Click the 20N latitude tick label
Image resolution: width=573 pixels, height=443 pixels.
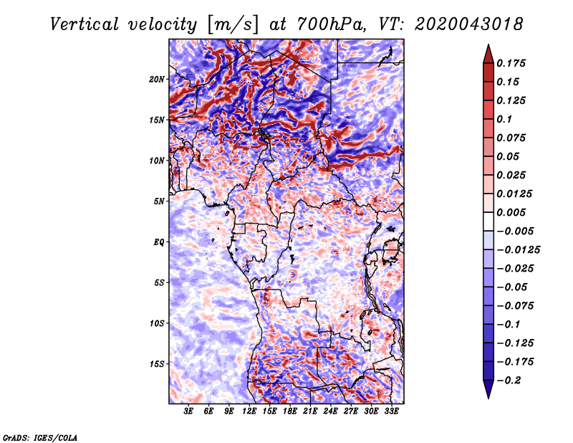click(x=157, y=80)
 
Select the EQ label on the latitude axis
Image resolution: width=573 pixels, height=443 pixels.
click(x=159, y=242)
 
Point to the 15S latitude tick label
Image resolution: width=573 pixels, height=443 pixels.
click(x=157, y=364)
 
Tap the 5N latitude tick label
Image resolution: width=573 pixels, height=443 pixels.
click(x=159, y=201)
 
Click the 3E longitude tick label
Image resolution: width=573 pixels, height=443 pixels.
click(x=188, y=411)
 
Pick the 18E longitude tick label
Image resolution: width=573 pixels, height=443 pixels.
click(x=290, y=411)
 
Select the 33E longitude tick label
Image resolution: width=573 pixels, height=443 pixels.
click(x=391, y=411)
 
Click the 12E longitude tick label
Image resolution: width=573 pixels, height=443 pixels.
click(x=249, y=411)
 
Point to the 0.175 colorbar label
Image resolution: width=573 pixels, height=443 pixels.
click(x=511, y=63)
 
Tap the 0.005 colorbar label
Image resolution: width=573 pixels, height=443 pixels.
click(x=511, y=212)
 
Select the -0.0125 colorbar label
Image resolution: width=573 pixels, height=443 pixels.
click(x=518, y=250)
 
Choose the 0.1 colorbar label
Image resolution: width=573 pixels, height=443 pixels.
click(x=504, y=119)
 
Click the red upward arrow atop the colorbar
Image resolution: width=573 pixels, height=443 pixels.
click(x=488, y=54)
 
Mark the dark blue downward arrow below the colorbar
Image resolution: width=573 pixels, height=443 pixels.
click(x=488, y=389)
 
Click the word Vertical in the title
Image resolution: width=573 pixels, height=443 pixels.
click(x=85, y=24)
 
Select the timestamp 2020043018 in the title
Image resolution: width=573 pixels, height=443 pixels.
click(x=469, y=24)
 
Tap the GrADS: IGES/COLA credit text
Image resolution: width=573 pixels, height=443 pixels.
click(x=40, y=438)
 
